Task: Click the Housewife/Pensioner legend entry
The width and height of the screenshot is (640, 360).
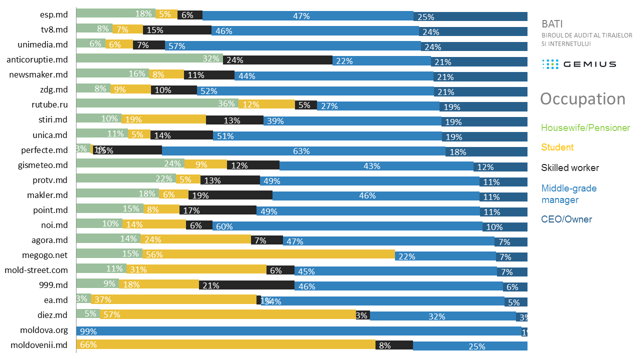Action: (585, 128)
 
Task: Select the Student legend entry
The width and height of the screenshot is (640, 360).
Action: (557, 147)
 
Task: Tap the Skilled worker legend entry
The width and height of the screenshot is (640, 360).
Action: (569, 168)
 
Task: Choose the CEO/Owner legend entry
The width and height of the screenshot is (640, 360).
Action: (566, 219)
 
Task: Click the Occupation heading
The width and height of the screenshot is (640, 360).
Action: (582, 99)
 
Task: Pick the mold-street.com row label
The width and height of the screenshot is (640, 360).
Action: (36, 270)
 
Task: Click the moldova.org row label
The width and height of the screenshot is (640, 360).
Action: (44, 330)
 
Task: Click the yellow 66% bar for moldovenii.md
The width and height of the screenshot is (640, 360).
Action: (225, 344)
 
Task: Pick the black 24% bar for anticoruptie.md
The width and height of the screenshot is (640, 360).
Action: (277, 60)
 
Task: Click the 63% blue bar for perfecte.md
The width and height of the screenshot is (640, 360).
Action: (303, 150)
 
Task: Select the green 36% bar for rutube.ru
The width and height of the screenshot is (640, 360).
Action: (157, 103)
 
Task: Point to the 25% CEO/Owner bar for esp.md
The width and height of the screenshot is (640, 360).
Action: (470, 16)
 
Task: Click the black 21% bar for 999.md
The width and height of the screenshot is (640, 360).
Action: (246, 285)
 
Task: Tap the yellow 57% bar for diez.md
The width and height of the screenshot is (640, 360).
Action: (227, 314)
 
